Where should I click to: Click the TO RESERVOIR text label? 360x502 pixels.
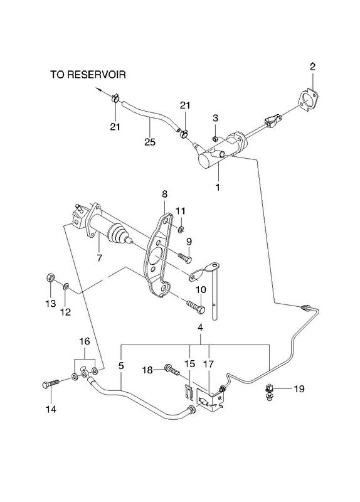(x=88, y=75)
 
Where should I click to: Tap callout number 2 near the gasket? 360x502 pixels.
(x=312, y=67)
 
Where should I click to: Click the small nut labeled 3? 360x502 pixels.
(x=215, y=139)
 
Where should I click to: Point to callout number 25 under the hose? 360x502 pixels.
(x=150, y=142)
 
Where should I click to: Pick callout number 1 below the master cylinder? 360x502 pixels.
(x=218, y=187)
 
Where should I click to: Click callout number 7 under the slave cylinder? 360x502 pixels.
(x=100, y=257)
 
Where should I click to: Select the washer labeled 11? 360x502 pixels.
(x=181, y=229)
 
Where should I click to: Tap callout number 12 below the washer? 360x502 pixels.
(x=65, y=311)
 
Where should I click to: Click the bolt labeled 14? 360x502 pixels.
(x=51, y=383)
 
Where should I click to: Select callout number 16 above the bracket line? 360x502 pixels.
(x=85, y=341)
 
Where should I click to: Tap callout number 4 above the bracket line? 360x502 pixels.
(x=200, y=328)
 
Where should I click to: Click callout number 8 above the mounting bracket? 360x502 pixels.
(x=164, y=194)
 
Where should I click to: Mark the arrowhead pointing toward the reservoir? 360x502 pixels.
(x=97, y=90)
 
